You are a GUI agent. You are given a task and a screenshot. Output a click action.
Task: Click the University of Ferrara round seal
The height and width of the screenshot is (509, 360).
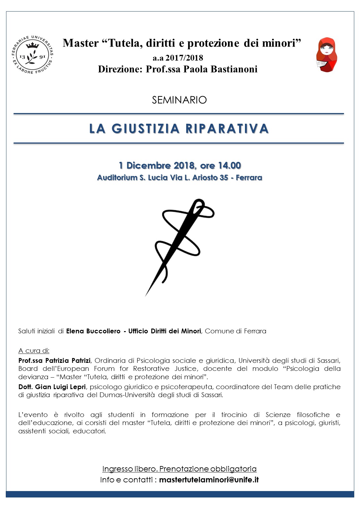tap(32, 55)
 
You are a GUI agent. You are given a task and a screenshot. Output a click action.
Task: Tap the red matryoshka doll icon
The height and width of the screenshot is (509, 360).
tap(326, 55)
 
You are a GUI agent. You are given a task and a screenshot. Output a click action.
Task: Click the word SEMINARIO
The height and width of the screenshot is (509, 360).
tap(179, 100)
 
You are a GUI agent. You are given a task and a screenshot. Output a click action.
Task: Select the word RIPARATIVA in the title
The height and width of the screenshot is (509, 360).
tap(227, 129)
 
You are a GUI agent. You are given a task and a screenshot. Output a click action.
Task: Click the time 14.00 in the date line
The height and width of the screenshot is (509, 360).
tap(229, 165)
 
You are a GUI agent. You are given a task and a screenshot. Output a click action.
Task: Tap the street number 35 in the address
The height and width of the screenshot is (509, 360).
tap(224, 178)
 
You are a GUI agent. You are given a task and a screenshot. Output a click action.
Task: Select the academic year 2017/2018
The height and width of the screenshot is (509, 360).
tap(184, 58)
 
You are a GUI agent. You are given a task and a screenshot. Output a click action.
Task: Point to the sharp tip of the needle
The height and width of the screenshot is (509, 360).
tap(146, 295)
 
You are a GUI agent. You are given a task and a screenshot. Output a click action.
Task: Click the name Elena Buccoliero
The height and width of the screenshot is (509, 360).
tap(93, 331)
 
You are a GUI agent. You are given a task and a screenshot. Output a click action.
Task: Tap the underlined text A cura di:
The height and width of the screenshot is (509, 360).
tap(34, 351)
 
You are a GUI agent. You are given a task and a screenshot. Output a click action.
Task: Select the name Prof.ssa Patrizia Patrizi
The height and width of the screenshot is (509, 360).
tap(54, 361)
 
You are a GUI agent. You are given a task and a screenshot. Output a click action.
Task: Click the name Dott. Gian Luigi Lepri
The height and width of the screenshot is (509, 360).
tap(52, 387)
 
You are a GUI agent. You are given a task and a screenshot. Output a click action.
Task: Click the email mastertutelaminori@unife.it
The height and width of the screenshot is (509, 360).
tap(209, 480)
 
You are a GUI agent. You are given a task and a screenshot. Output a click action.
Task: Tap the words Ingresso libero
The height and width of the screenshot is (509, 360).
tap(130, 469)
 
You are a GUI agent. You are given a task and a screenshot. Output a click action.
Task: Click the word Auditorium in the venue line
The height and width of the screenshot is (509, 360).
tap(117, 178)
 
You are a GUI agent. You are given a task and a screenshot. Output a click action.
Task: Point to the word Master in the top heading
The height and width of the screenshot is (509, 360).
tap(81, 43)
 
